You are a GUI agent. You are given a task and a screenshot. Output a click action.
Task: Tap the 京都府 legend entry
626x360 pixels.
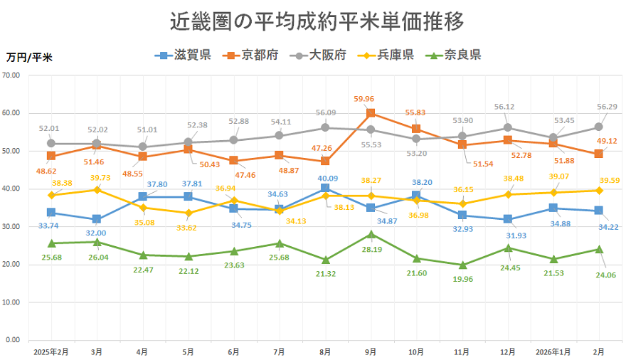(250, 55)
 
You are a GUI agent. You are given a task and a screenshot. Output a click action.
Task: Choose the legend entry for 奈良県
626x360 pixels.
(452, 55)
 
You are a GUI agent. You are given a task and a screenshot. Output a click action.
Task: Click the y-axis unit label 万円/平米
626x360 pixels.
(29, 57)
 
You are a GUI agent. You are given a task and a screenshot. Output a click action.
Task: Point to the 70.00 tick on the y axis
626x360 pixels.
(15, 75)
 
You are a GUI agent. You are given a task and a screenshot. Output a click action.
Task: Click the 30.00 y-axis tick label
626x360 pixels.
(15, 227)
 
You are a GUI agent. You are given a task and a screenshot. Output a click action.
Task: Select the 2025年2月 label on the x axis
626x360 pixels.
(51, 351)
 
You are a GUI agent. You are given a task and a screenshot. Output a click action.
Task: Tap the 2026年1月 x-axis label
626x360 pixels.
(553, 351)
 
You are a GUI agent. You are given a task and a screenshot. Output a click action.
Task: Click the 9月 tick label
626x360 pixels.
(371, 351)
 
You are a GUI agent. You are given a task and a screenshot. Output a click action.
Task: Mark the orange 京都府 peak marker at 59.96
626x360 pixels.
(371, 113)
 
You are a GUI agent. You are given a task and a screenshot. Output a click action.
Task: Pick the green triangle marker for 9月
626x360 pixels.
(371, 233)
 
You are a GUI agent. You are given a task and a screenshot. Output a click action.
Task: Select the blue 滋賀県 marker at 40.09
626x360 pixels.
(325, 189)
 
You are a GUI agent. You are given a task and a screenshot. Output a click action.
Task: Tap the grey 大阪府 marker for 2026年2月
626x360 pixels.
(599, 127)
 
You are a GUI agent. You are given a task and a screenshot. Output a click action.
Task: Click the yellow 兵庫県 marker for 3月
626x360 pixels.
(97, 190)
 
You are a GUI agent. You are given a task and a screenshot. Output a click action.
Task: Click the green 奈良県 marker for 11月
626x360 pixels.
(462, 265)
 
